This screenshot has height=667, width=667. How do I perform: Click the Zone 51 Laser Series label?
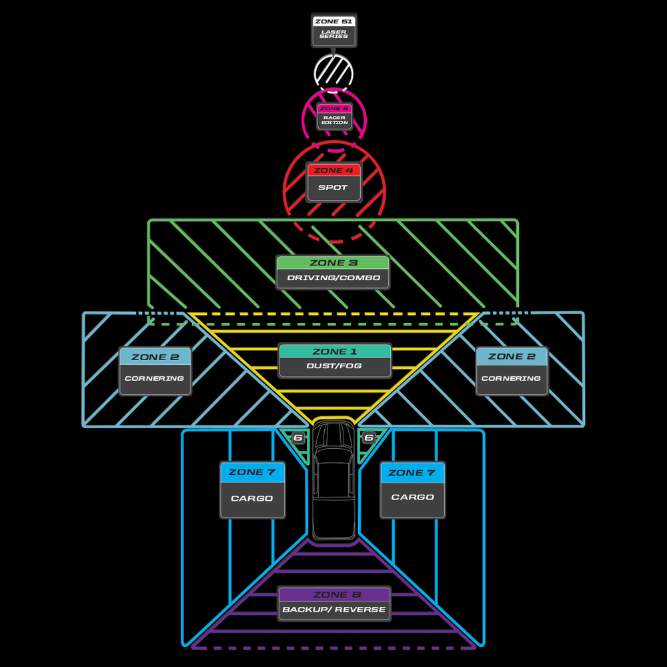pos(334,30)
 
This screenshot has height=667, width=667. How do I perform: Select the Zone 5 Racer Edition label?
pos(334,116)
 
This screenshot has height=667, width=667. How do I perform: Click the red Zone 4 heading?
pos(334,170)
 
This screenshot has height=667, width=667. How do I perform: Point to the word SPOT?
pos(333,187)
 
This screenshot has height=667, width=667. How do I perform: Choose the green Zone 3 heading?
pos(333,263)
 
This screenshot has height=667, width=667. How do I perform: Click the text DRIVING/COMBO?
pos(333,277)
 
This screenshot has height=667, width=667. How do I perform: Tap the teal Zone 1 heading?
pos(335,352)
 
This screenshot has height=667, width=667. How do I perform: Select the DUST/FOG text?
pos(334,366)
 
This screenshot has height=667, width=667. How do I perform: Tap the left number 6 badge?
pos(298,438)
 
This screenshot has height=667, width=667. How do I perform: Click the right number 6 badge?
pos(369,438)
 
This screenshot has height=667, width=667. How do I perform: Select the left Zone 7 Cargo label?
pos(252,490)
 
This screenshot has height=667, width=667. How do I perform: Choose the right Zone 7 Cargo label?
pos(413,490)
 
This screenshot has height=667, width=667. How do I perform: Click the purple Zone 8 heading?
pos(335,595)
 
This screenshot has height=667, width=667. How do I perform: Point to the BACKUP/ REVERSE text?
pos(334,610)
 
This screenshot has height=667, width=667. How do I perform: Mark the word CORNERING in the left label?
pos(155,378)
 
